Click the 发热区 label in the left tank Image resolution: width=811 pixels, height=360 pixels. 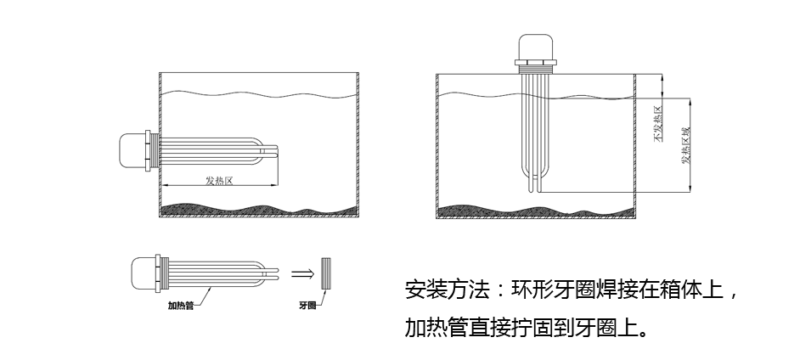pyautogui.click(x=219, y=180)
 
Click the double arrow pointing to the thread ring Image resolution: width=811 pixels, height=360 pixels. pyautogui.click(x=302, y=273)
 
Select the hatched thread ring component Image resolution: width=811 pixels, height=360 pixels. pyautogui.click(x=327, y=273)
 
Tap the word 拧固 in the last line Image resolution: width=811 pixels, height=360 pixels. pyautogui.click(x=544, y=327)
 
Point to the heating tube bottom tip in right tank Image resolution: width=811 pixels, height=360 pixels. pyautogui.click(x=536, y=187)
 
